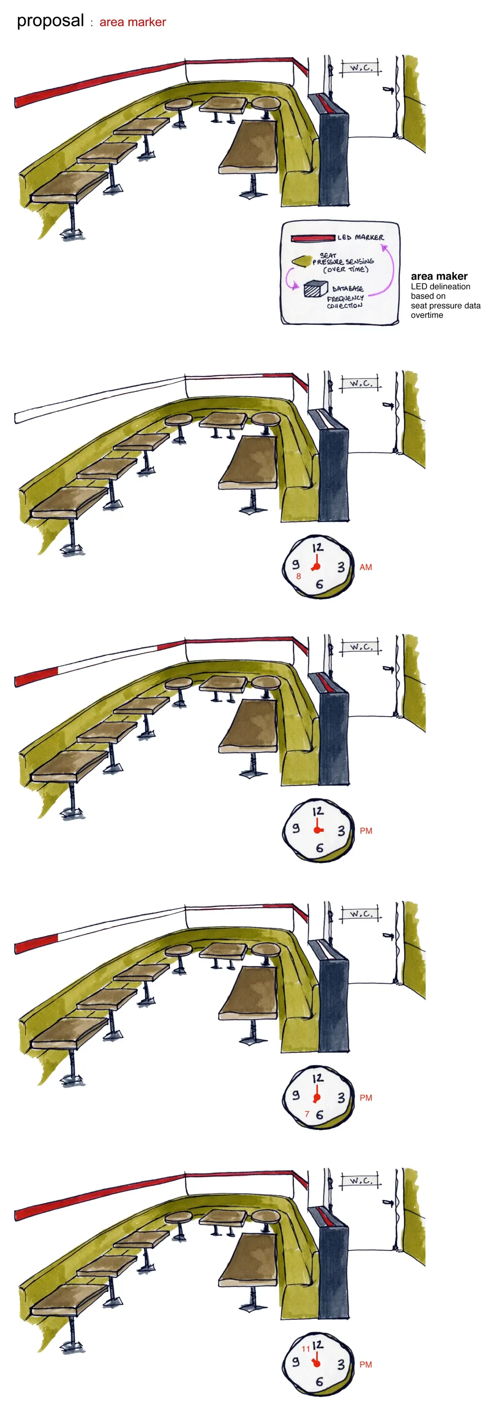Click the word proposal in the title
(50, 22)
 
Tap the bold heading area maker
(439, 276)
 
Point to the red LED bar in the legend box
(313, 238)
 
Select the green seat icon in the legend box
(302, 261)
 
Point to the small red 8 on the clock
(299, 576)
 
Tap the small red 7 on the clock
(307, 1114)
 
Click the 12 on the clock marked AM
(317, 548)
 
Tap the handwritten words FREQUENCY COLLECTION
(345, 302)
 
